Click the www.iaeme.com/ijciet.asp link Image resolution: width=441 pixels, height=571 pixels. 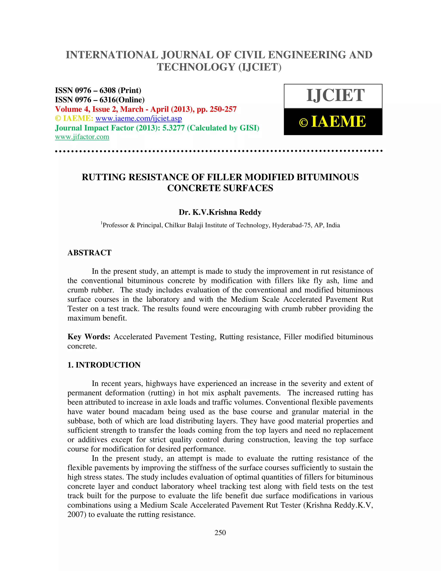click(x=138, y=119)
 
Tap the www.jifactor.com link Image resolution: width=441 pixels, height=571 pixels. click(x=82, y=137)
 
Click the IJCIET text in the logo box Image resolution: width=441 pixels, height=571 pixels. click(x=335, y=95)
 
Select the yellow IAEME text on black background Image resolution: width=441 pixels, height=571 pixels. click(x=338, y=122)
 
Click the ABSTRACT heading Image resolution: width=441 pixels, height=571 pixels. click(x=89, y=253)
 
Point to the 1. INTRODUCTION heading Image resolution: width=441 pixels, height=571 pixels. click(x=104, y=365)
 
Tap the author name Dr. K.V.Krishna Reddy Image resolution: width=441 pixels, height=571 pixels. click(x=220, y=212)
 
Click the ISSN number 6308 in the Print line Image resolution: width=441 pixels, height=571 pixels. click(x=107, y=90)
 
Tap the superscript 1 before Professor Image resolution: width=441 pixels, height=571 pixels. click(x=101, y=223)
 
